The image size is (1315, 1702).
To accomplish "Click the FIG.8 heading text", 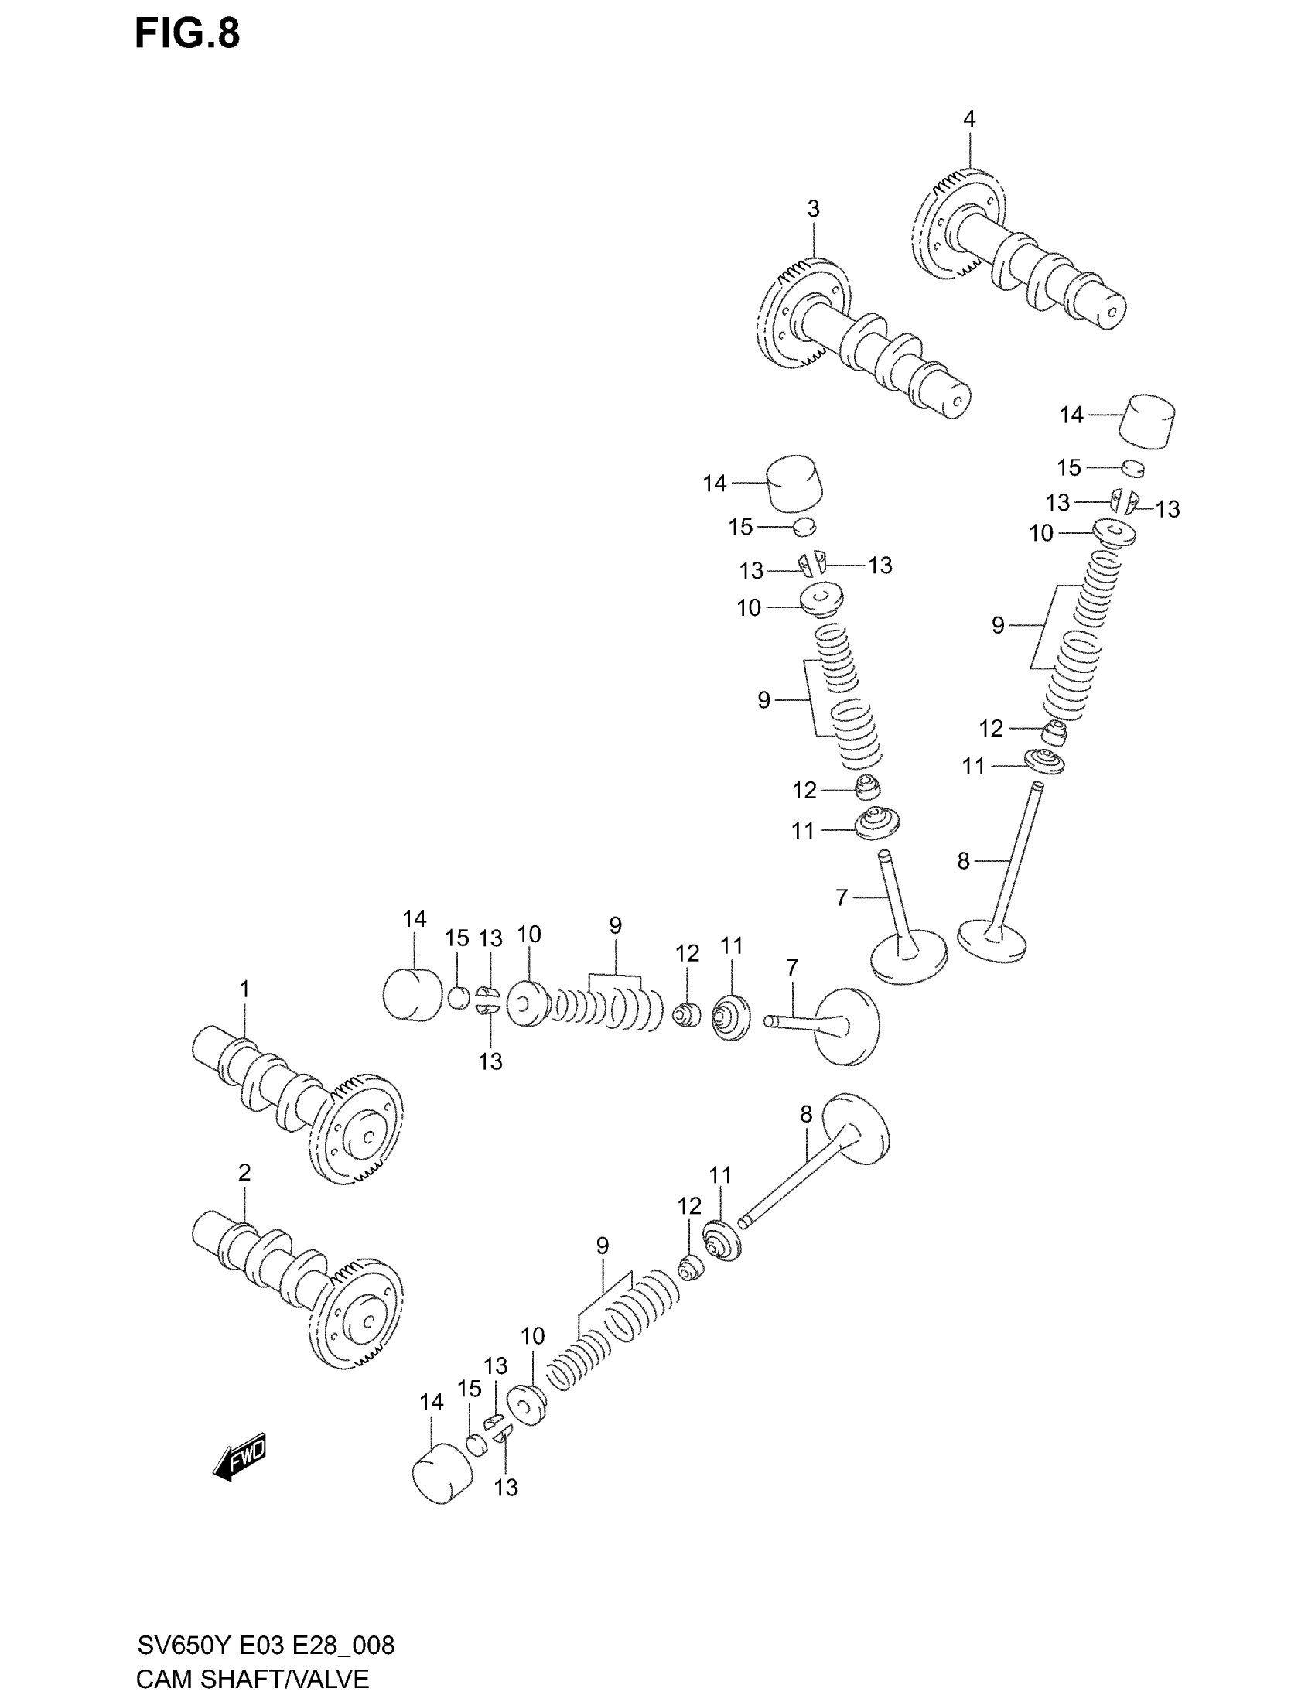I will pyautogui.click(x=187, y=34).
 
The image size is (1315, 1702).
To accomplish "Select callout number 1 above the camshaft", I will pyautogui.click(x=244, y=989).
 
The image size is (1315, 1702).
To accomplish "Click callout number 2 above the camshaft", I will pyautogui.click(x=244, y=1173).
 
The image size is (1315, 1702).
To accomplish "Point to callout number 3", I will pyautogui.click(x=813, y=209).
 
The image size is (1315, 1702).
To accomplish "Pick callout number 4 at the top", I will pyautogui.click(x=969, y=119).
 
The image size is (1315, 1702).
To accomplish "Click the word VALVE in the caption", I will pyautogui.click(x=329, y=1679).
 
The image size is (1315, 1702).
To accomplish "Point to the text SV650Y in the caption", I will pyautogui.click(x=185, y=1645).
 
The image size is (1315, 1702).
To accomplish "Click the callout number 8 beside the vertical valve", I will pyautogui.click(x=964, y=861).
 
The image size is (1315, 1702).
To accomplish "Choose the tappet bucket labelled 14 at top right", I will pyautogui.click(x=1147, y=422).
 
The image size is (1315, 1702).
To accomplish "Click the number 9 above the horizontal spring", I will pyautogui.click(x=616, y=926).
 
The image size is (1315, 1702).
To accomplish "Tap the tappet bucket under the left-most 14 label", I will pyautogui.click(x=413, y=994).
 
